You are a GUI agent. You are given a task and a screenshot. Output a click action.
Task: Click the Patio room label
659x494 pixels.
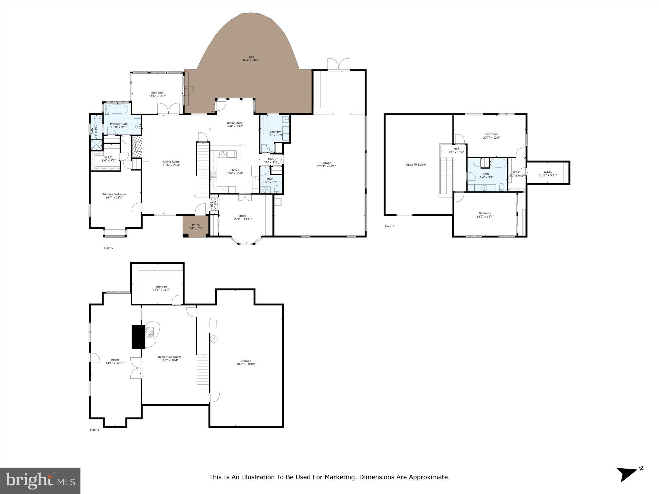point(251,57)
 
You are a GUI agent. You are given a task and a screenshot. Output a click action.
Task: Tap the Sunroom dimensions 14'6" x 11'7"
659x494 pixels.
point(157,96)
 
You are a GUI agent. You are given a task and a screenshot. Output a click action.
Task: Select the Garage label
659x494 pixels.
point(326,163)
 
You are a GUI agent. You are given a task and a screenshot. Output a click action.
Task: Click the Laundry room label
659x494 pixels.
point(275,132)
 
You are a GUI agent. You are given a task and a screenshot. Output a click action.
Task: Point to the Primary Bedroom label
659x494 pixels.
point(114,194)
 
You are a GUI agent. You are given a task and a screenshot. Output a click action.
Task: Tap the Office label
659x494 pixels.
point(243,216)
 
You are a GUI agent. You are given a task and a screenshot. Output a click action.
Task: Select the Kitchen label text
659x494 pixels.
point(234,170)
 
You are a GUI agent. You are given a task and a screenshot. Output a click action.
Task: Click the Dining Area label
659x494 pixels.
point(235,123)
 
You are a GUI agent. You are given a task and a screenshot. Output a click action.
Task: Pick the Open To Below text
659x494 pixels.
point(415,165)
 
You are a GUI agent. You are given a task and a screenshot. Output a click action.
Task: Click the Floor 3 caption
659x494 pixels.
point(389,226)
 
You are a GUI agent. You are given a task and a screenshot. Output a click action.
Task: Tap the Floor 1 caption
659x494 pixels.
point(95,430)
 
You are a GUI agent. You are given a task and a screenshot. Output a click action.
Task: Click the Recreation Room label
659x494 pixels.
point(169,357)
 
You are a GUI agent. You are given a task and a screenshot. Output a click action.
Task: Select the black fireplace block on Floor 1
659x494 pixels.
point(138,337)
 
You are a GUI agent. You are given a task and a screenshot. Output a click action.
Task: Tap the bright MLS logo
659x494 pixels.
point(40,481)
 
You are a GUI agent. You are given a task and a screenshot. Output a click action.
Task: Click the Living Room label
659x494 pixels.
point(171,162)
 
